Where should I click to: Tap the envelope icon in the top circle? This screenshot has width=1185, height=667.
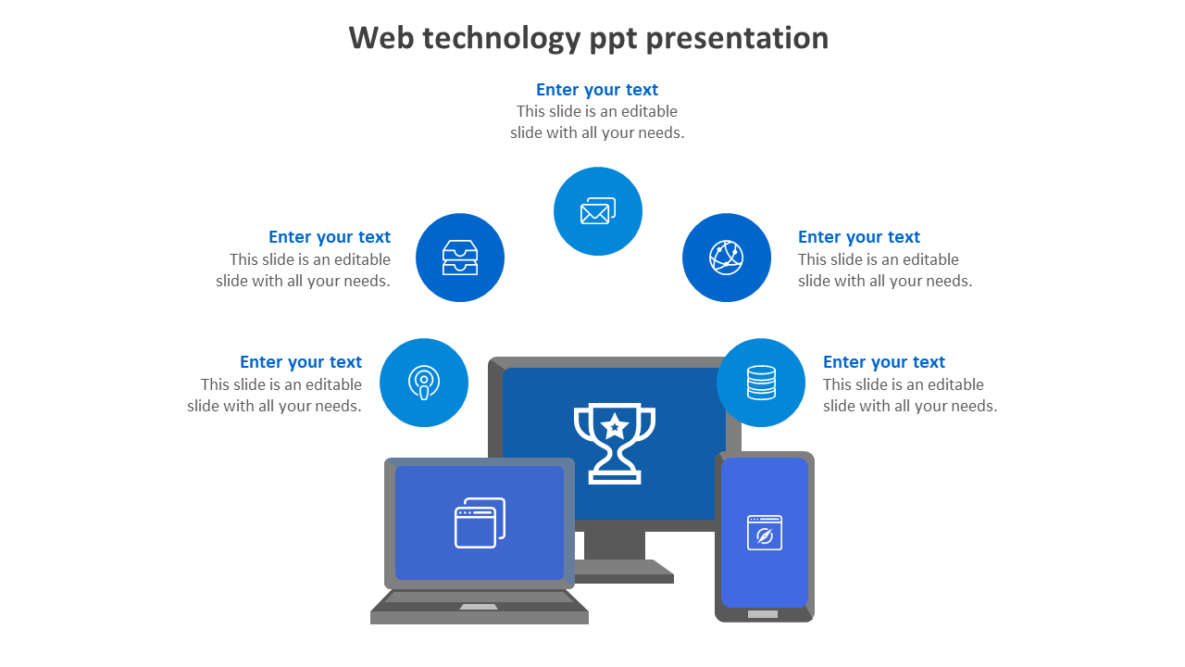(598, 211)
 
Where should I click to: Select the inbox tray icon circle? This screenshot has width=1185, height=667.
(460, 258)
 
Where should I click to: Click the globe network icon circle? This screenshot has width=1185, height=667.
(727, 258)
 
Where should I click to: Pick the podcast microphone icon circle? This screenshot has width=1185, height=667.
(424, 383)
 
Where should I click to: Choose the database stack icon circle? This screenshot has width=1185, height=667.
(761, 383)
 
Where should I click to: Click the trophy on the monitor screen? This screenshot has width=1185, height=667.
(614, 444)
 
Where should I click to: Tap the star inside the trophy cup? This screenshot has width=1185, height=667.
(614, 426)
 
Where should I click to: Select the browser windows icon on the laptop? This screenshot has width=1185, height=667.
(480, 523)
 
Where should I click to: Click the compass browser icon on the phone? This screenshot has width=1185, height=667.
(765, 533)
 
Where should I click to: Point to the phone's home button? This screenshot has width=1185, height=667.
(763, 614)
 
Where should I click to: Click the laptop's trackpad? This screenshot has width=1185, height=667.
(479, 607)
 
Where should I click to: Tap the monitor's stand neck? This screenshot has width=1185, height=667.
(614, 546)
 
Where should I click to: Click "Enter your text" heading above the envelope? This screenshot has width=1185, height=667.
(597, 90)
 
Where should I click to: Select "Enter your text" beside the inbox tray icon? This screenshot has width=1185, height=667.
(330, 236)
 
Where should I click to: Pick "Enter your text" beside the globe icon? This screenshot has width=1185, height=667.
(859, 236)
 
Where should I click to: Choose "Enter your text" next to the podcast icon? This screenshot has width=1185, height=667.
(301, 361)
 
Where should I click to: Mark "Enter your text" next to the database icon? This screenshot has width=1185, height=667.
(884, 361)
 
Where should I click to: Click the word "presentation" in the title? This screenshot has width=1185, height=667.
(737, 39)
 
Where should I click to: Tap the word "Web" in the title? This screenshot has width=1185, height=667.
(380, 38)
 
